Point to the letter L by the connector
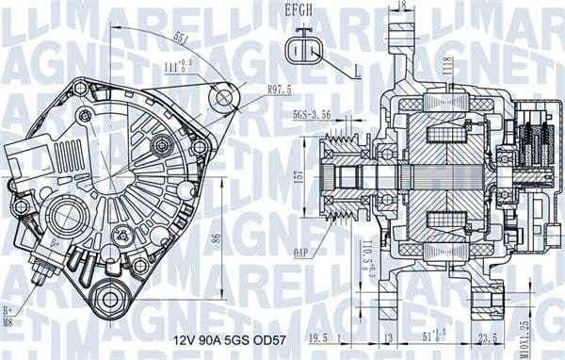pos(358,71)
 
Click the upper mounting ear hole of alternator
pos(223,97)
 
